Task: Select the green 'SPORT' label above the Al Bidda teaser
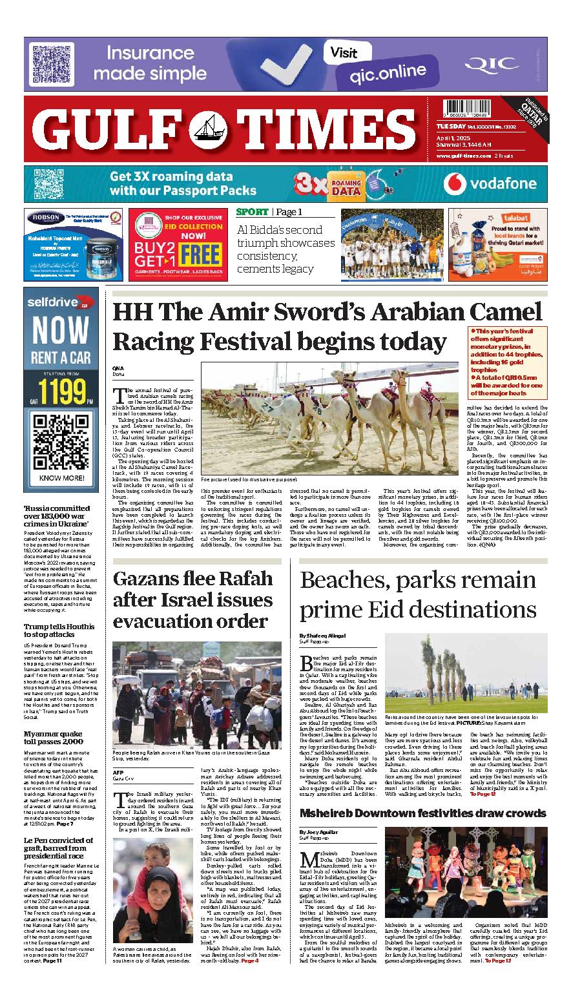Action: [253, 212]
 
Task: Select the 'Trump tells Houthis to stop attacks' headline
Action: [59, 630]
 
